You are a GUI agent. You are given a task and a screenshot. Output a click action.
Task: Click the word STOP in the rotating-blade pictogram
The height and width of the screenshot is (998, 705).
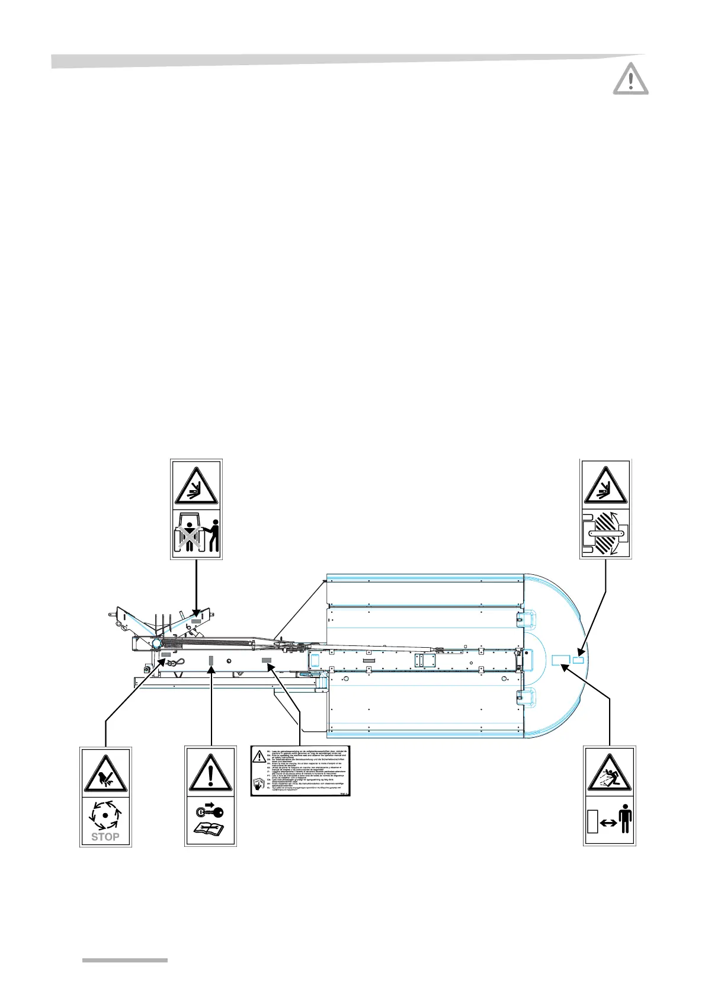[x=105, y=837]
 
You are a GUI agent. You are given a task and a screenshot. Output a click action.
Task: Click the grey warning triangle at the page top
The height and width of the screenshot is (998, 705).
[x=630, y=79]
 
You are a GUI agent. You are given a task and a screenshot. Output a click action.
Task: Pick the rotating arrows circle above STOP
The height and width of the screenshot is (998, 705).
[x=105, y=814]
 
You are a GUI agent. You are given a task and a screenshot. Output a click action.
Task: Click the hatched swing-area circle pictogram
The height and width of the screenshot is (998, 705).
[x=605, y=534]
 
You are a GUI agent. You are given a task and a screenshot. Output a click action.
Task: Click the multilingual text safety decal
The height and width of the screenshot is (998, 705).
[x=300, y=771]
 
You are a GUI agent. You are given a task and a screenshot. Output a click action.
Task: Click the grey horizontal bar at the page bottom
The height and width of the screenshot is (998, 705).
[x=124, y=959]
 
